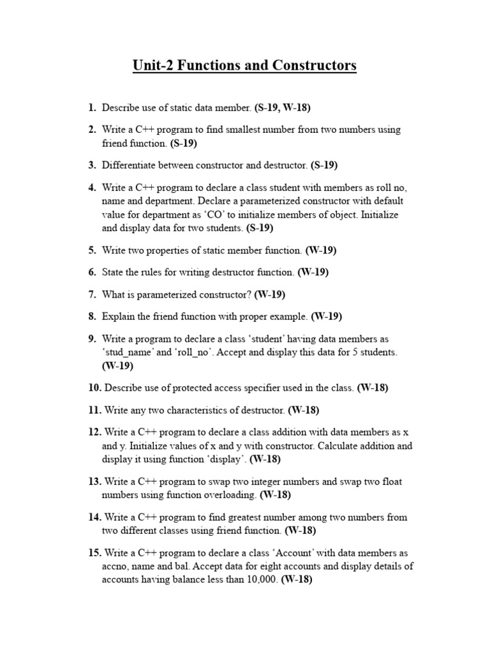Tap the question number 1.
pyautogui.click(x=92, y=108)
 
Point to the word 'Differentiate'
pyautogui.click(x=130, y=165)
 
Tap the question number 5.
pyautogui.click(x=92, y=250)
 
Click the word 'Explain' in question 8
pyautogui.click(x=118, y=316)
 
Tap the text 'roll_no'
pyautogui.click(x=193, y=352)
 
